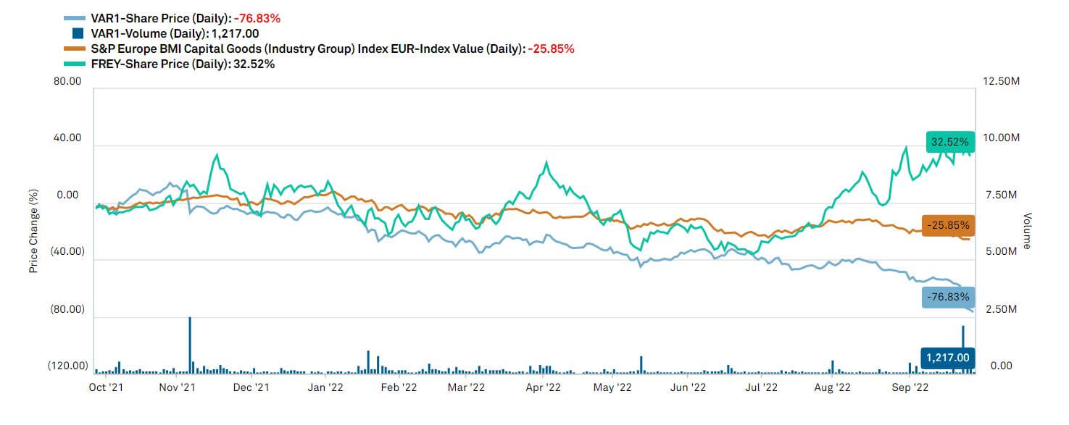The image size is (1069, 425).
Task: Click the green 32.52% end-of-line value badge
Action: [x=949, y=142]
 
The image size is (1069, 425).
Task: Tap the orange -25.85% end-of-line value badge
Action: [x=949, y=225]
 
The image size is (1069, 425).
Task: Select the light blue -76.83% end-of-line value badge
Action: [x=949, y=297]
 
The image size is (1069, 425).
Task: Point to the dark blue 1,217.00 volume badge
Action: [x=948, y=358]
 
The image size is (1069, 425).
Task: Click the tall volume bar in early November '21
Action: [x=190, y=345]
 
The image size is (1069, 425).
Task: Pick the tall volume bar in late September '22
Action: [x=963, y=348]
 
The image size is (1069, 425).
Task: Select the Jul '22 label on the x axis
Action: [x=762, y=387]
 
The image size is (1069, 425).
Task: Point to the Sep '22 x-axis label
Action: [x=910, y=387]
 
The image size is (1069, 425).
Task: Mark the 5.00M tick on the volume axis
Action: [x=1004, y=252]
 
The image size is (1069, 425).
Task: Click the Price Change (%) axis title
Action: [x=33, y=231]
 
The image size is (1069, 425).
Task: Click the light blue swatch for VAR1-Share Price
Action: [x=75, y=18]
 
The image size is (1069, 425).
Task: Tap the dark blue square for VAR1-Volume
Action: [x=78, y=33]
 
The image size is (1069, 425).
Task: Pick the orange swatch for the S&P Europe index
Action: [x=75, y=49]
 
